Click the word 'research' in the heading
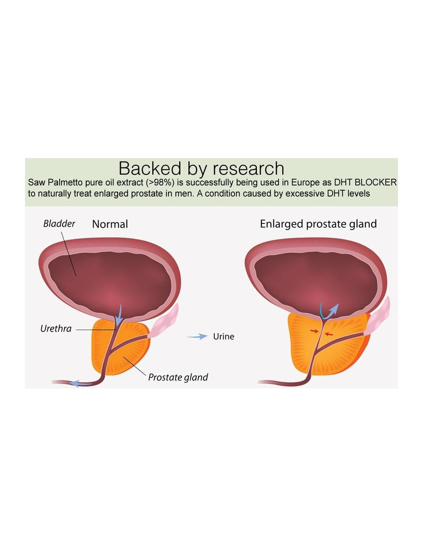pos(248,168)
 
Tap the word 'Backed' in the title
pos(150,168)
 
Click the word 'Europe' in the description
pos(305,182)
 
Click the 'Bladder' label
pos(59,223)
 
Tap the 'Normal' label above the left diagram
pos(110,224)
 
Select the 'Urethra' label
pos(56,329)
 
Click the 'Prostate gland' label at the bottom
pos(178,377)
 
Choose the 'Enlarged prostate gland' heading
pos(318,224)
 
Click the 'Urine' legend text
pos(223,337)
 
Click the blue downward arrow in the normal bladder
pos(119,314)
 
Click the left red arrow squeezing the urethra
pos(315,331)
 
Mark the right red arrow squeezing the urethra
pos(328,334)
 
